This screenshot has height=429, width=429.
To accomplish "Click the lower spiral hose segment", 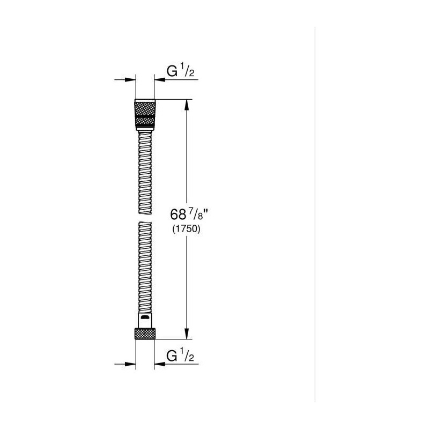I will [x=145, y=268].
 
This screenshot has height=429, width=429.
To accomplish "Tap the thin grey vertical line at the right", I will [x=315, y=214].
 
